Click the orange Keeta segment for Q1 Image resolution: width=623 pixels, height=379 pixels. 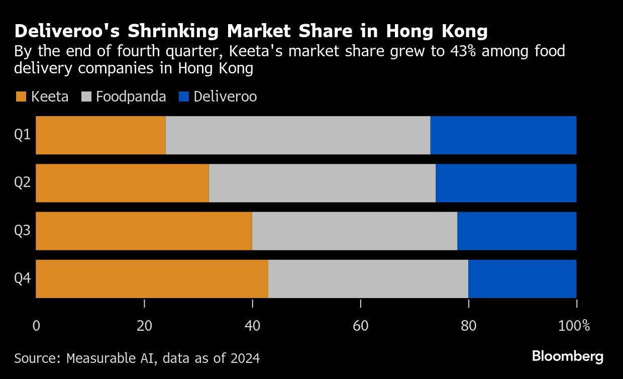point(100,135)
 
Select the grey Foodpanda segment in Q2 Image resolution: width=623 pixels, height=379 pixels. point(322,183)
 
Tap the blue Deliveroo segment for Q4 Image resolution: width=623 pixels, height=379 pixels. point(522,279)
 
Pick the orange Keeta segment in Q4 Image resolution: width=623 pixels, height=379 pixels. point(152,279)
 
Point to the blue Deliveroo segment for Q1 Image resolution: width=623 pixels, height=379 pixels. point(503,135)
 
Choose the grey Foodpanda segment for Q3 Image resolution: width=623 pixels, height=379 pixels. point(354,231)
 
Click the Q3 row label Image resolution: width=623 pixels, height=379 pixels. point(22,231)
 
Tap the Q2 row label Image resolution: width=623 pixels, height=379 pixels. point(22,183)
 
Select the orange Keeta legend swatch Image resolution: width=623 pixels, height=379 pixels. point(21,97)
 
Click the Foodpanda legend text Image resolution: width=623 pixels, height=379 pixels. point(131,97)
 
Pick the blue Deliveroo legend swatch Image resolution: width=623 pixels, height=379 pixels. point(184,97)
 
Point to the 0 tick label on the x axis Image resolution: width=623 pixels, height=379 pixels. point(36,326)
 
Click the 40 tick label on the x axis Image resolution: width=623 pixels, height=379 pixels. point(252,326)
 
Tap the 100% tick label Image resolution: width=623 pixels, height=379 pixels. point(574,326)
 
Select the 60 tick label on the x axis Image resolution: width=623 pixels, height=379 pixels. point(360,326)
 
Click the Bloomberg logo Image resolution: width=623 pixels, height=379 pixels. point(568,357)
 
